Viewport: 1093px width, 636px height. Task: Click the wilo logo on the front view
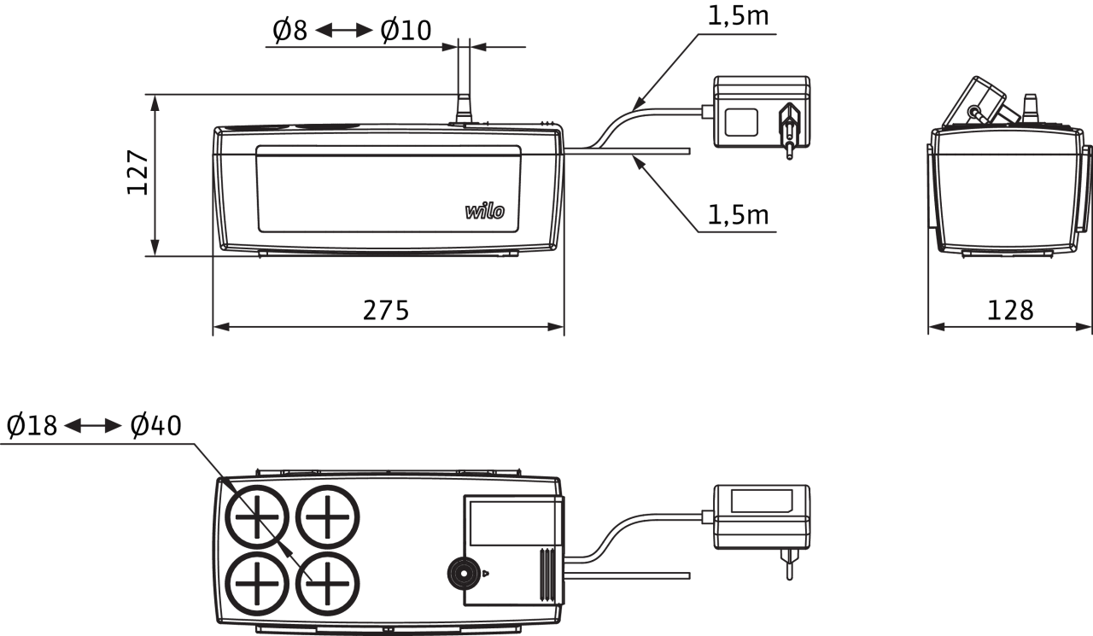tap(484, 211)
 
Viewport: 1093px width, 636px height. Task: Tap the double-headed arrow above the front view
tap(344, 30)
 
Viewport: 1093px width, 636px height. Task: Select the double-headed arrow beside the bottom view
tap(93, 425)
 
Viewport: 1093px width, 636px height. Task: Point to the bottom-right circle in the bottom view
tap(328, 583)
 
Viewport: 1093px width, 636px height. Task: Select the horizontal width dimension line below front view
tap(389, 326)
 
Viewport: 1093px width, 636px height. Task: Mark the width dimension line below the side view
tap(1009, 326)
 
